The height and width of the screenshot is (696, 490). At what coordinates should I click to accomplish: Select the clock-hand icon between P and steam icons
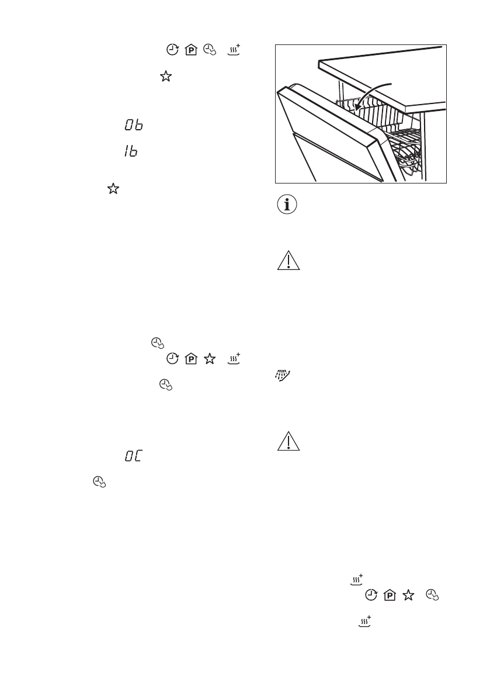point(208,50)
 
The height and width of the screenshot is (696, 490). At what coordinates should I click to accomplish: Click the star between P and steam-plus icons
point(208,358)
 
